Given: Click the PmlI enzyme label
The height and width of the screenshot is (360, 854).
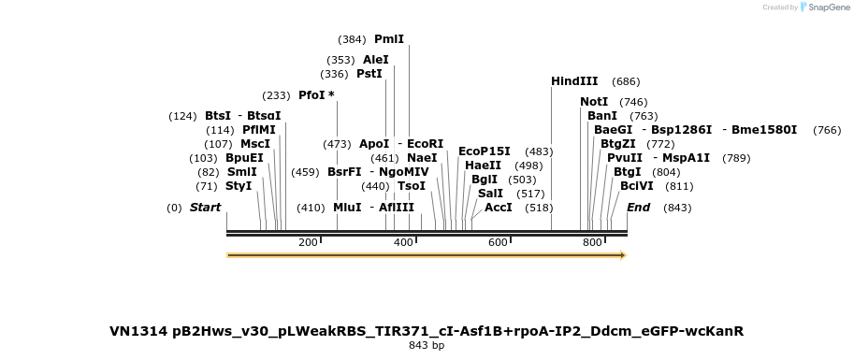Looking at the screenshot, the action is pos(389,39).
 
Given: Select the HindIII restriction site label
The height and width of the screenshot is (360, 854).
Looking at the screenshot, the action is pos(574,81).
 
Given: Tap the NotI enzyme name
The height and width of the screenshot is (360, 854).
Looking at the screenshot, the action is pos(594,102).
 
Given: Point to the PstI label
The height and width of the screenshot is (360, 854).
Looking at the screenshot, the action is pos(369,74).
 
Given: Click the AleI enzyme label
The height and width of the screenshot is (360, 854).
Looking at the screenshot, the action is pos(376,60).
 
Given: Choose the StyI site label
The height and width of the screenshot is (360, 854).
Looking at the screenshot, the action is pos(239,186).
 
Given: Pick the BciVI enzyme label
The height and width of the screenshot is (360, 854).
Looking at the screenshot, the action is pos(637,186).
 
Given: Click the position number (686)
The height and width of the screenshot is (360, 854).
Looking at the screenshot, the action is pos(626,81).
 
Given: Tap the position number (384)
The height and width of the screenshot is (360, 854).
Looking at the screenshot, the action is pos(353,39).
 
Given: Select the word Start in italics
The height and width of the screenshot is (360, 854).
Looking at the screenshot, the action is pos(206,208).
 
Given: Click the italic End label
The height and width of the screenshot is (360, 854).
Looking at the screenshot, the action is pos(638,208).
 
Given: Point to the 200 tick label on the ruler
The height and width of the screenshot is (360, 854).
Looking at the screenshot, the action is pos(308,242).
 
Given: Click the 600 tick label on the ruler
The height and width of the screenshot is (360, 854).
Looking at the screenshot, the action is pos(498,242).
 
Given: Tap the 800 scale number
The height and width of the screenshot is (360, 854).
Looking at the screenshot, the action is pos(593,242).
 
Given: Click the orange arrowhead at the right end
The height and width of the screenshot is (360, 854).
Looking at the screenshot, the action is pos(624,255).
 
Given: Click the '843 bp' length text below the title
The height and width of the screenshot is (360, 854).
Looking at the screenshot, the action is pos(427,345).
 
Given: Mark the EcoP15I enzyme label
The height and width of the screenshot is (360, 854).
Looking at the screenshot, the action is pos(485,151).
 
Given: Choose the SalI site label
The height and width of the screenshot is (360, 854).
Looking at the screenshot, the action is pos(491,194).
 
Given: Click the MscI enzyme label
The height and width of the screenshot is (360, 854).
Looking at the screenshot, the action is pos(255,144).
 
